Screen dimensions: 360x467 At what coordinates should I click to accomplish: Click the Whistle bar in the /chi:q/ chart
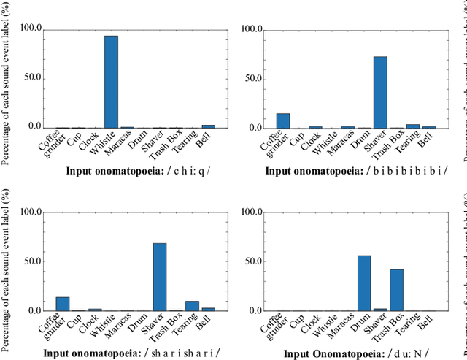point(111,82)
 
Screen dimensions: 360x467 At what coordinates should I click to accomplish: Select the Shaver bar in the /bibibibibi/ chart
point(380,93)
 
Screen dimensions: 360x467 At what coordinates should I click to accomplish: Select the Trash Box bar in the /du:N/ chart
point(396,290)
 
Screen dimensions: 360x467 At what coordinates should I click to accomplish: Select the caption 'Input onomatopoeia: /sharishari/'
point(131,353)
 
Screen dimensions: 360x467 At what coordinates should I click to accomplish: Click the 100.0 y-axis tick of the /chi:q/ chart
point(31,30)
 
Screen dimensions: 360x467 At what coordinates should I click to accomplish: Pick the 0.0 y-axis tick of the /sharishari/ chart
point(34,311)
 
